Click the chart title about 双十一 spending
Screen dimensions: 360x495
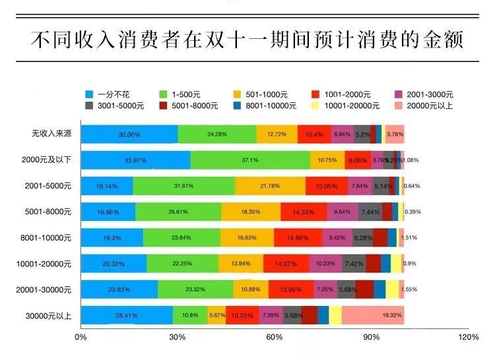pos(247,40)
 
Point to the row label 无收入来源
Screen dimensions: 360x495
pos(50,134)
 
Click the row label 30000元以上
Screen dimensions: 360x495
pos(49,315)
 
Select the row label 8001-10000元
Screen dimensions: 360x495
pos(46,237)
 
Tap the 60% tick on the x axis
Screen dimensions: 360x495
pos(275,338)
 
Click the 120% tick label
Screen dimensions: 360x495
pos(467,338)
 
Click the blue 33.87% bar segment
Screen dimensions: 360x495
pos(135,160)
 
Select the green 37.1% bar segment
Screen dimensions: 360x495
pos(250,160)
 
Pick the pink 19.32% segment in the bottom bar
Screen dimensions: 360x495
pos(373,315)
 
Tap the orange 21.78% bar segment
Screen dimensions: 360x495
pos(270,186)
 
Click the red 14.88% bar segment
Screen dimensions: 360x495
pos(298,237)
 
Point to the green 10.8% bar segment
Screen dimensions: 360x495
pos(190,315)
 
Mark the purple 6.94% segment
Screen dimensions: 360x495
pos(343,134)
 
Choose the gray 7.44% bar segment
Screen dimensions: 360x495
pos(370,212)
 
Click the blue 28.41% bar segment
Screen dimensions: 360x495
pos(127,315)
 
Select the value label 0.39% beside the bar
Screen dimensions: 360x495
pos(413,212)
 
